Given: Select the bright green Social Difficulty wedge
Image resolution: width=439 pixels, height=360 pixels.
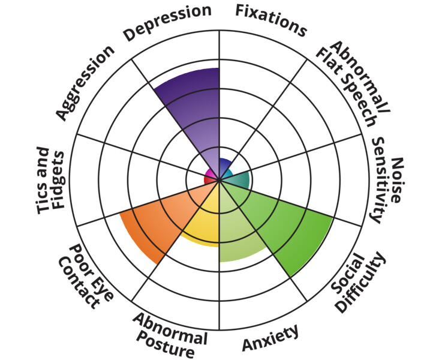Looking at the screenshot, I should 282,225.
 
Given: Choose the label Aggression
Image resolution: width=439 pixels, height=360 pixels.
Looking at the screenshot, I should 85,82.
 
